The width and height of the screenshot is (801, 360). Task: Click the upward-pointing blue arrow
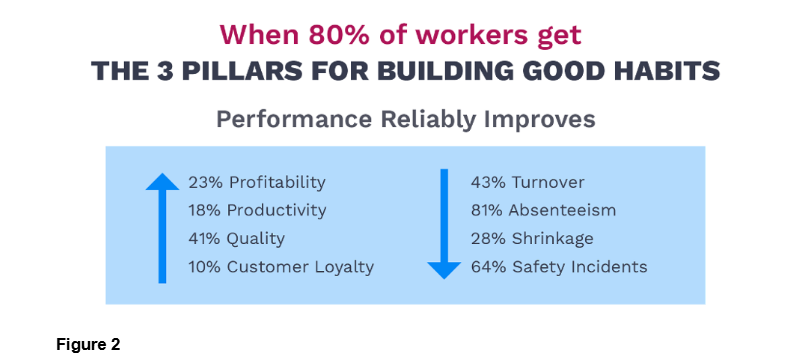click(x=162, y=228)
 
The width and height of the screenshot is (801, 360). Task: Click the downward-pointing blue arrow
click(x=444, y=224)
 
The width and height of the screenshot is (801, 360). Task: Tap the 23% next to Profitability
click(x=205, y=182)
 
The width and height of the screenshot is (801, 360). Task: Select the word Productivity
click(x=276, y=210)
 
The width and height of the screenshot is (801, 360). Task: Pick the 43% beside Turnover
click(x=488, y=182)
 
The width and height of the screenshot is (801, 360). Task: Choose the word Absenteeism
click(x=562, y=210)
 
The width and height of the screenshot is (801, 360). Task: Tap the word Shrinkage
click(x=553, y=238)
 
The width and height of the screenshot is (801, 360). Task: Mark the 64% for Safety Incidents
click(x=488, y=267)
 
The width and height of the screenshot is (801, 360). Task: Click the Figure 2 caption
click(x=88, y=345)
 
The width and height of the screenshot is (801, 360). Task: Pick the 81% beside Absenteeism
click(x=487, y=210)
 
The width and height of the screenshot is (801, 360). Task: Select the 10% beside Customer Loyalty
click(x=205, y=267)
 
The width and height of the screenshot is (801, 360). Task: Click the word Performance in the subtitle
click(x=294, y=119)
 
